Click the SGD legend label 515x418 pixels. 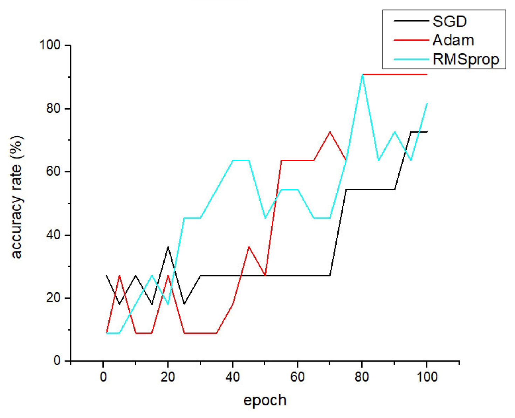(x=449, y=21)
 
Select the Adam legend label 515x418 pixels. (x=453, y=40)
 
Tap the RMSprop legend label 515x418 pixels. (x=466, y=59)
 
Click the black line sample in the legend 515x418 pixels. (x=411, y=21)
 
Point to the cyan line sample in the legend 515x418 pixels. (x=411, y=59)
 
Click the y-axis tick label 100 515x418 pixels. (x=50, y=45)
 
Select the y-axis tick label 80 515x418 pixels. (x=53, y=109)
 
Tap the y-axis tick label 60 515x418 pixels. (x=53, y=172)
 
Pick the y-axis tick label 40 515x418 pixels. (x=53, y=235)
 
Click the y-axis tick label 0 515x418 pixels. (x=57, y=361)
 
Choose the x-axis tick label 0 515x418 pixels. (x=103, y=377)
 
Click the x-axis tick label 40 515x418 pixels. (x=233, y=377)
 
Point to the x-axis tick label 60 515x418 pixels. (x=297, y=377)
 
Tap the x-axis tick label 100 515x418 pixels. (x=426, y=377)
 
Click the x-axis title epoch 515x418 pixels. (x=265, y=400)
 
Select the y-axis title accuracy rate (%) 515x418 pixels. (x=16, y=197)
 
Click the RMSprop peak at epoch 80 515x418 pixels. (x=362, y=75)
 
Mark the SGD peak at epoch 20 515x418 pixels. (x=168, y=247)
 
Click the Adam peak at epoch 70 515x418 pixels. (x=330, y=132)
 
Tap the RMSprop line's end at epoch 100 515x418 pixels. (x=427, y=103)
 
